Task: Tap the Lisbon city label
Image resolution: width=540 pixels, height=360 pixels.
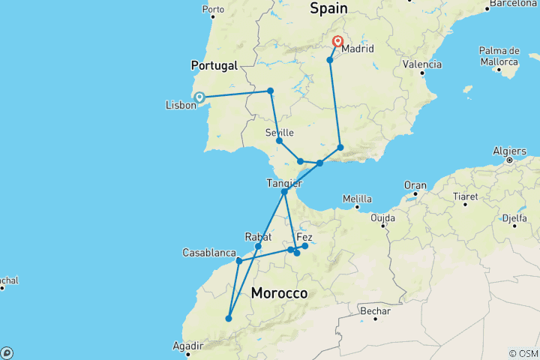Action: click(181, 106)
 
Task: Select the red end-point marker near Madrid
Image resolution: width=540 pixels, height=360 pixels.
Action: click(338, 42)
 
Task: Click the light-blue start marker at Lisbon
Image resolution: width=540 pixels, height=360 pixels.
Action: click(200, 96)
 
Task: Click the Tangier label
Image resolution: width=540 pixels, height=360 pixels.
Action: click(284, 183)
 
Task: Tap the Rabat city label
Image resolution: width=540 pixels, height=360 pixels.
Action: click(257, 236)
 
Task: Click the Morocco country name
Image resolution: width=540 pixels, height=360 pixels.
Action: click(280, 292)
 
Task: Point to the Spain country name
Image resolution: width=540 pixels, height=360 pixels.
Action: click(328, 8)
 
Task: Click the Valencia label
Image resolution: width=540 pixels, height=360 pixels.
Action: click(421, 64)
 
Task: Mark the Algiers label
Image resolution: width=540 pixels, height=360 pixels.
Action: click(509, 151)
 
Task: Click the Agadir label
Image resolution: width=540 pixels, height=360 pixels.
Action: click(187, 346)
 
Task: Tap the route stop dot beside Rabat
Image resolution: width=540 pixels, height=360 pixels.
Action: click(258, 246)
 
